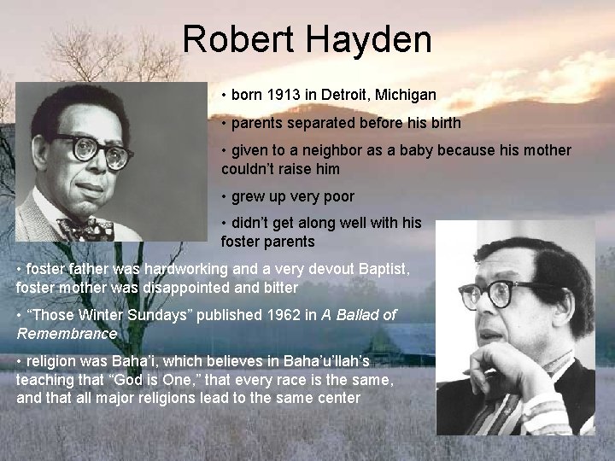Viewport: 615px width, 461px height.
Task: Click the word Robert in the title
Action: (237, 40)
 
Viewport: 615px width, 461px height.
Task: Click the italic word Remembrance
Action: (67, 333)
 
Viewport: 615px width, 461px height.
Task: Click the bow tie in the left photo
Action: (85, 229)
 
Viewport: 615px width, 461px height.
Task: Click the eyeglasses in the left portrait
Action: (94, 151)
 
